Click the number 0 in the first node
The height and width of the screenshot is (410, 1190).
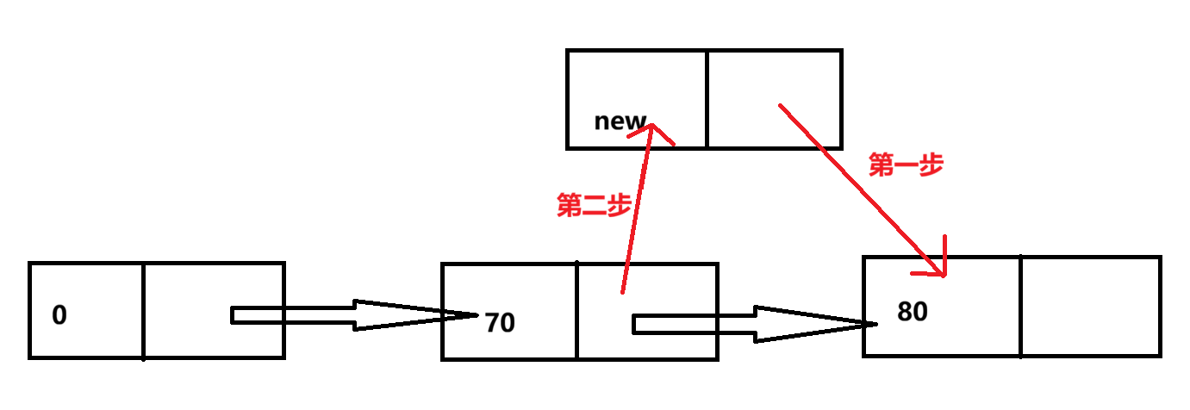[59, 315]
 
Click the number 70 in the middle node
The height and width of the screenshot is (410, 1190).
[500, 323]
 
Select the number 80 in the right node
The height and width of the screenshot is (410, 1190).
[913, 311]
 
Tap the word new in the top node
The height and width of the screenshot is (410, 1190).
[620, 121]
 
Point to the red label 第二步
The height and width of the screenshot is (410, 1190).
[594, 206]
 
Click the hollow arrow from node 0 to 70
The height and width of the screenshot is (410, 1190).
[345, 315]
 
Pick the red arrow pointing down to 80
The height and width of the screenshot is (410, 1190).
[862, 189]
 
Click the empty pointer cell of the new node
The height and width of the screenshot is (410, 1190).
[773, 99]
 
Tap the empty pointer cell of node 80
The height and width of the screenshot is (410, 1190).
[1090, 306]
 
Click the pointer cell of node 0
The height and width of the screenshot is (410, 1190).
[213, 310]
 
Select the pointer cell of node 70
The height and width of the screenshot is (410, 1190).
[646, 310]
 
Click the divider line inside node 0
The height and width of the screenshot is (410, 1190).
[143, 310]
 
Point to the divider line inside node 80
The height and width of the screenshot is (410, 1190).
[1020, 306]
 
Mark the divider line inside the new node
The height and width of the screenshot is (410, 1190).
[706, 99]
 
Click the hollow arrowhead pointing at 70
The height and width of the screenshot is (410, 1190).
[448, 314]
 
